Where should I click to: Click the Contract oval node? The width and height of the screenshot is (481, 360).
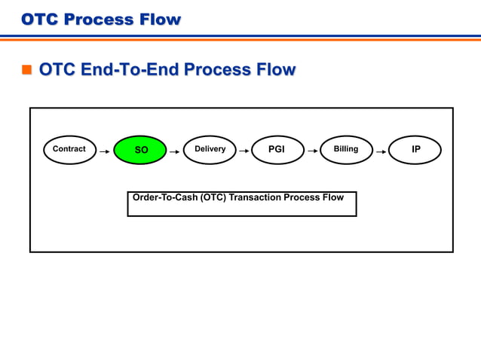coord(69,149)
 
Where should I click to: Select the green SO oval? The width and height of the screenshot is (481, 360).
coord(140,150)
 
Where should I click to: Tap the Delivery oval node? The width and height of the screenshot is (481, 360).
coord(210,149)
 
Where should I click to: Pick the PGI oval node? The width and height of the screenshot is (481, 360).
coord(277,149)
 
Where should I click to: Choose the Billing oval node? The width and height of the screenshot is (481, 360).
coord(346,149)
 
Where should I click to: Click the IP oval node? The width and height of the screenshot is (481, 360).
coord(415,149)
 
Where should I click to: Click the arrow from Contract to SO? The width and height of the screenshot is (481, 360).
coord(105,151)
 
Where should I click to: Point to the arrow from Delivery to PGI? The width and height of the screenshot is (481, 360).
coord(244,151)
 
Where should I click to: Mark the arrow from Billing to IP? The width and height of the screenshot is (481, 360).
coord(381,151)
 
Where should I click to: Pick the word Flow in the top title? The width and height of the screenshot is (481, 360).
coord(161,19)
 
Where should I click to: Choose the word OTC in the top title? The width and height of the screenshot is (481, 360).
coord(39,19)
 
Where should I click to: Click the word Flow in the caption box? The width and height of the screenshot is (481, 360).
coord(332,197)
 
